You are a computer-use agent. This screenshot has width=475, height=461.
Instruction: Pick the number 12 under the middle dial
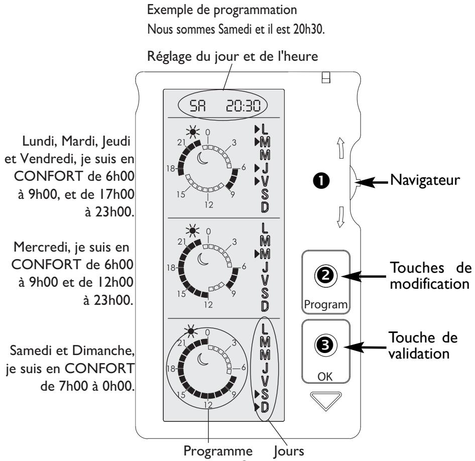[x=207, y=291]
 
